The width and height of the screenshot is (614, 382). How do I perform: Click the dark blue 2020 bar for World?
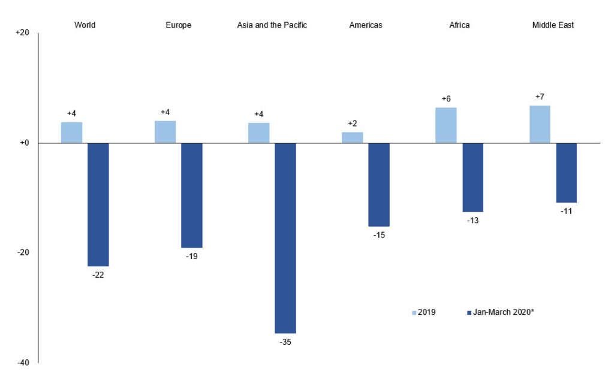click(x=98, y=204)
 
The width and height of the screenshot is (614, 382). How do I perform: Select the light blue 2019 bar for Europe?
click(x=165, y=132)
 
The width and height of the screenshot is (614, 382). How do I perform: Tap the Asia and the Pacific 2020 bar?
click(x=285, y=238)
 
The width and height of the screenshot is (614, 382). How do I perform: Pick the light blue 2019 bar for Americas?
click(x=353, y=137)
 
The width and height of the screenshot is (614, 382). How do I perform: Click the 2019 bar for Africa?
click(x=446, y=125)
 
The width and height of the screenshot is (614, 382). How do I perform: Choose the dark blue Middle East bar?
click(x=566, y=173)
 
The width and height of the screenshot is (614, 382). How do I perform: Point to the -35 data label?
click(x=285, y=342)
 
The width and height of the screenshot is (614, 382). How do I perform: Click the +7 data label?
click(x=540, y=97)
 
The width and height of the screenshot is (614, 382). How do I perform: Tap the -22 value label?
click(x=98, y=275)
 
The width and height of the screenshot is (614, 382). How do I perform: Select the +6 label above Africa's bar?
click(x=446, y=99)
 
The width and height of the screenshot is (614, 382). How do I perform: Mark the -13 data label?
click(x=472, y=221)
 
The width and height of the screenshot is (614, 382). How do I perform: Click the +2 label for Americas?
click(x=353, y=124)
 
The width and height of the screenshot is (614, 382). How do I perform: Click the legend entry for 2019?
click(x=423, y=312)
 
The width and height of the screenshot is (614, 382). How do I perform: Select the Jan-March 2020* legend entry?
click(x=499, y=312)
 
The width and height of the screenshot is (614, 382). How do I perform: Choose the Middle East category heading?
click(x=553, y=25)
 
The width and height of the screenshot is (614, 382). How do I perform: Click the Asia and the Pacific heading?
click(x=272, y=25)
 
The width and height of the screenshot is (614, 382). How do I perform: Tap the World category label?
click(x=85, y=25)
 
